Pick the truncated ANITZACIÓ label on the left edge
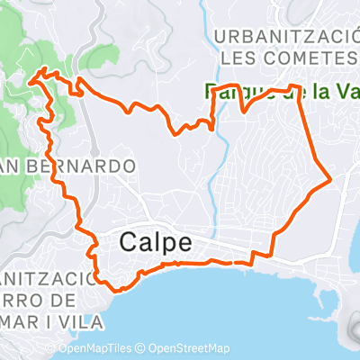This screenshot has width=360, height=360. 42,277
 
